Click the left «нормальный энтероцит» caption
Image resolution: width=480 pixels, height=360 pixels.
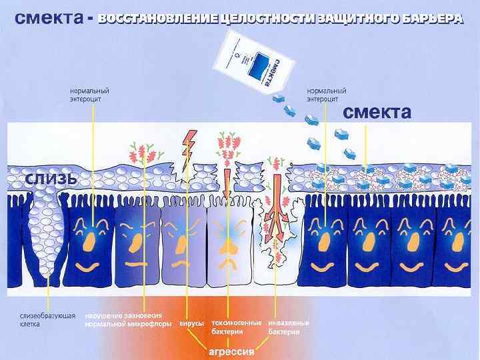(x=90, y=95)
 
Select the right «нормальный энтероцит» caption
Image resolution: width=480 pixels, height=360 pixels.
(x=326, y=95)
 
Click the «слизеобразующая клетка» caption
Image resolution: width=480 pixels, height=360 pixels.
(x=46, y=320)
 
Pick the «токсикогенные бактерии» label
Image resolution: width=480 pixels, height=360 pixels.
(x=236, y=327)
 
